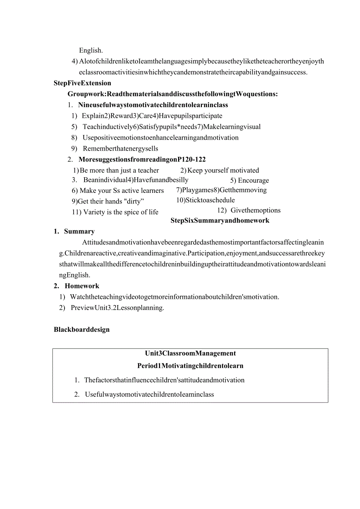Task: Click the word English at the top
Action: pos(91,50)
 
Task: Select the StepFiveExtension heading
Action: pos(82,83)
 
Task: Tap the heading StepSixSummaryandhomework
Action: pos(220,221)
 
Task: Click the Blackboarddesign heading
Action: pos(81,329)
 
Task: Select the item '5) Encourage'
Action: pos(249,180)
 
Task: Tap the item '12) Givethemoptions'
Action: pos(249,210)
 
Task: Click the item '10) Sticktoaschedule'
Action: pos(205,200)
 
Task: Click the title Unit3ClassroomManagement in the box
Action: pos(190,353)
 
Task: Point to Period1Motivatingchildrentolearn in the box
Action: pos(190,366)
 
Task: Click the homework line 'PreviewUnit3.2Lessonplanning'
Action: pos(117,308)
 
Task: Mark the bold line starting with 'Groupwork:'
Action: pos(173,94)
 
